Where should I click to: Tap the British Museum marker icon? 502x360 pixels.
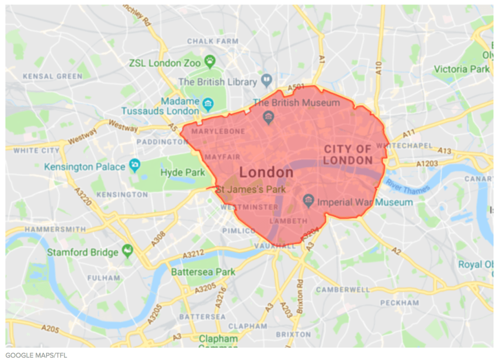pos(268,117)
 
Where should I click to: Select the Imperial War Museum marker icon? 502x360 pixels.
pos(308,200)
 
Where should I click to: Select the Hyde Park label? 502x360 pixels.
pos(183,173)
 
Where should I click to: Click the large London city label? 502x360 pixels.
pos(266,173)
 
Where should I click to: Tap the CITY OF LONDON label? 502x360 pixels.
pos(348,154)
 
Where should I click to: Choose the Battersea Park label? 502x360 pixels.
pos(203,272)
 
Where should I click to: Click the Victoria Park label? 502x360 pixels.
pos(462,69)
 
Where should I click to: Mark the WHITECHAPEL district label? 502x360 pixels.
pos(405,146)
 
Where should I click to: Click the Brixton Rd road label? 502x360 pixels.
pos(301,292)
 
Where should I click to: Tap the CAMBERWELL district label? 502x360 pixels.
pos(343,290)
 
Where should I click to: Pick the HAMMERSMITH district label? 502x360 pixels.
pos(55,229)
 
